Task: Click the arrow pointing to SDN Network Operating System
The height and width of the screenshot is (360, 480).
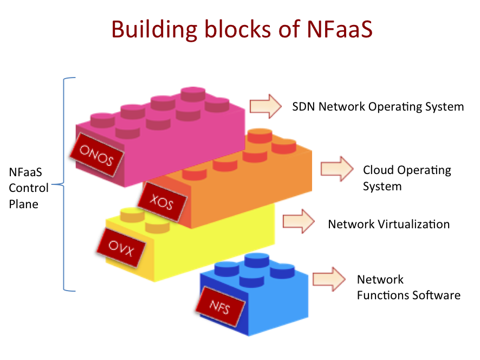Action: click(x=265, y=106)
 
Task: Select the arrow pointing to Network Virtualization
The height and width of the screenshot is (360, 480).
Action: click(x=299, y=221)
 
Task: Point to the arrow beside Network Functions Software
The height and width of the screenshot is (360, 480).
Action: click(x=329, y=279)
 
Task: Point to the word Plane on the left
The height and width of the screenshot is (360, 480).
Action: click(x=24, y=204)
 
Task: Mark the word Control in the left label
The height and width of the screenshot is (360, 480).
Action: click(x=29, y=188)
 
